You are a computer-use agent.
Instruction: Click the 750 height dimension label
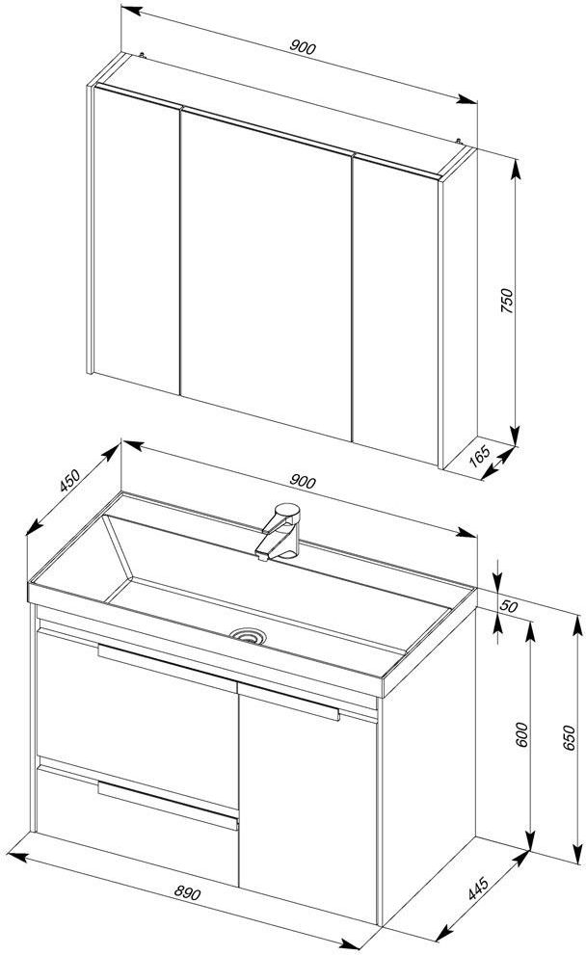tap(507, 301)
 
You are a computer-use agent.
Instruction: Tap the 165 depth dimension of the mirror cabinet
tap(481, 455)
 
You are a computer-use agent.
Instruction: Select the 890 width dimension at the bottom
tap(187, 893)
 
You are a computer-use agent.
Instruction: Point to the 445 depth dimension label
tap(479, 888)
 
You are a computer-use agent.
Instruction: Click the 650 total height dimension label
tap(569, 737)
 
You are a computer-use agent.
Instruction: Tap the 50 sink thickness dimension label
tap(509, 606)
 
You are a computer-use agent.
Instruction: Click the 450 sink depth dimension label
tap(70, 480)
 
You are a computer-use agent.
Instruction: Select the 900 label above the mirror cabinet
tap(303, 47)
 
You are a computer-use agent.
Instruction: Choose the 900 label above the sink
tap(303, 481)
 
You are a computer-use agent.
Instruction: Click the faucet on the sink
tap(280, 531)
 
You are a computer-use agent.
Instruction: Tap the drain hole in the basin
tap(249, 636)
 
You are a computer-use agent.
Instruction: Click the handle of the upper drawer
tap(167, 668)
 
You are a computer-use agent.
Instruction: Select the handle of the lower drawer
tap(167, 806)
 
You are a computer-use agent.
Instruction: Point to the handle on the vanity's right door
tap(289, 703)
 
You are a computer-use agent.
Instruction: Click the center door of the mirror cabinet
tap(266, 274)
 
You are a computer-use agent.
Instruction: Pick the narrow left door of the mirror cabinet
tap(137, 240)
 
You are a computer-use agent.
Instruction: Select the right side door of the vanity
tap(307, 804)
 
